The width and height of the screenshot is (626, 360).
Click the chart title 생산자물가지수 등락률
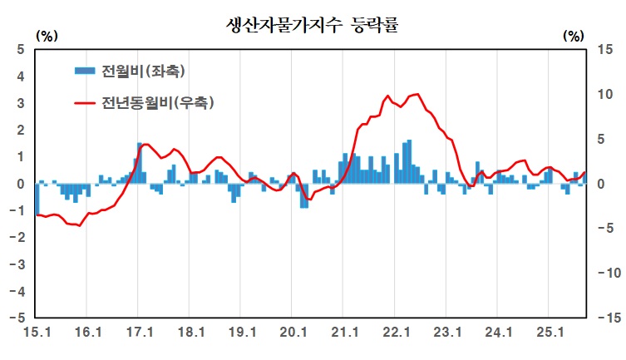tap(313, 24)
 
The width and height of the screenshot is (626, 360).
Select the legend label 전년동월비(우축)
tap(157, 103)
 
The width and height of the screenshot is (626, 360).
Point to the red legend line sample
tap(84, 103)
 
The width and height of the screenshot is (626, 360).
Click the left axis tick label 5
tap(21, 50)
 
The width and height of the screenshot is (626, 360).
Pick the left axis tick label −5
tap(18, 318)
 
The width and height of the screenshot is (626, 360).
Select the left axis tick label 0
tap(21, 184)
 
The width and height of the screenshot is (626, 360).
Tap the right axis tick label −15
tap(602, 318)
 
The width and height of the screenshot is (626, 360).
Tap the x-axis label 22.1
tap(394, 333)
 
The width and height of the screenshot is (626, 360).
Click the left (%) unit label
tap(47, 35)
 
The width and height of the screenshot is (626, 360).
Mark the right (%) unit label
tap(574, 35)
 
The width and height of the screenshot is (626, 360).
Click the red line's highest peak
tap(417, 94)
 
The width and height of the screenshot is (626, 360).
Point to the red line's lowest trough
tap(80, 225)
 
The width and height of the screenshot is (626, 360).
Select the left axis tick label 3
tap(21, 103)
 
